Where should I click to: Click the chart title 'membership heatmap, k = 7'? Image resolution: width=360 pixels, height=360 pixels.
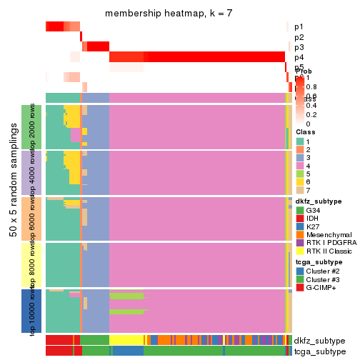(x=169, y=14)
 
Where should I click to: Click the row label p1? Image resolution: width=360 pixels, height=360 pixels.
(x=299, y=27)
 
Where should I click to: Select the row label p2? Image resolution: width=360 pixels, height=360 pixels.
(x=299, y=37)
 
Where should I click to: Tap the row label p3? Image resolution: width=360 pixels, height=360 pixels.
(x=299, y=47)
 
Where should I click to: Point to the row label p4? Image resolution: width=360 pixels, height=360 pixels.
(x=299, y=57)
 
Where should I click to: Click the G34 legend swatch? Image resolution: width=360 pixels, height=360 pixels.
(x=299, y=211)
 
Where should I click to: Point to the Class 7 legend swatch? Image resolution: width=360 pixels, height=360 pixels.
(x=299, y=190)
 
